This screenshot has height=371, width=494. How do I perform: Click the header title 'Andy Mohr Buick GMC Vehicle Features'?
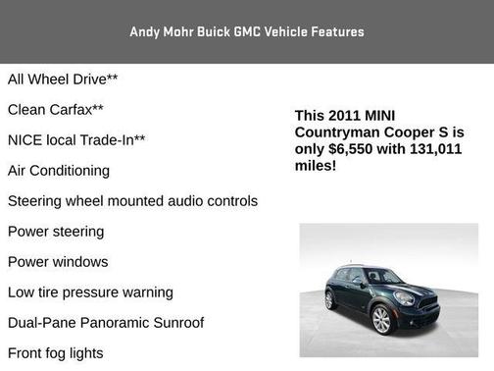click(x=247, y=31)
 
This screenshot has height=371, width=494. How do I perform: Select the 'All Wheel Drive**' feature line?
click(x=63, y=79)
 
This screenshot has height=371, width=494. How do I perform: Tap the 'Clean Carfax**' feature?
click(x=56, y=109)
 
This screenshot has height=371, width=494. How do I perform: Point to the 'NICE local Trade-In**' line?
click(x=76, y=139)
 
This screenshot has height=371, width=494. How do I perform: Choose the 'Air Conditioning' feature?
click(x=59, y=170)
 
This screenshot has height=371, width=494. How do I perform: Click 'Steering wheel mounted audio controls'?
click(x=132, y=200)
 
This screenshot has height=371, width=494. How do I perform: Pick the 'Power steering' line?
click(x=56, y=232)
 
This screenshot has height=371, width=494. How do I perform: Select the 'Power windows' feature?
click(x=58, y=262)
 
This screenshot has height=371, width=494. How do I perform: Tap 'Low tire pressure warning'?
click(x=90, y=292)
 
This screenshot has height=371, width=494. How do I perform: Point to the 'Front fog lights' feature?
click(x=55, y=353)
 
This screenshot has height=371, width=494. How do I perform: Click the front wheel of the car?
click(x=381, y=320)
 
